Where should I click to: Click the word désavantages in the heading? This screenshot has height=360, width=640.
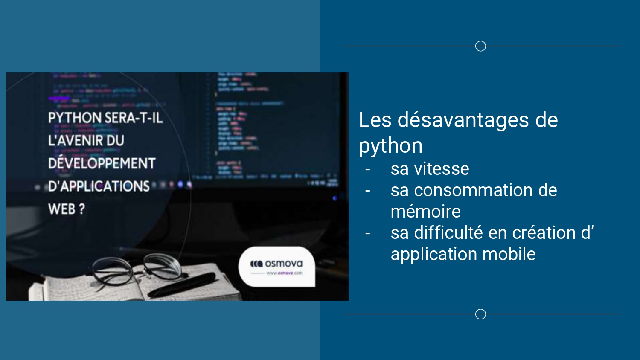(463, 120)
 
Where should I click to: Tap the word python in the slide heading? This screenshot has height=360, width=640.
(390, 146)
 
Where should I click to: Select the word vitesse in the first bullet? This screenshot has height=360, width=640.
(442, 169)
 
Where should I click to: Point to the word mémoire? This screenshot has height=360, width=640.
(425, 212)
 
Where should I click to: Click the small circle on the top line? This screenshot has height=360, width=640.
(480, 46)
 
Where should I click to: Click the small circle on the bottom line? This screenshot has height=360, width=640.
(480, 314)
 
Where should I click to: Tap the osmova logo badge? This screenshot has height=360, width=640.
(277, 266)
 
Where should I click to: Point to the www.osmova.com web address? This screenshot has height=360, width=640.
(284, 273)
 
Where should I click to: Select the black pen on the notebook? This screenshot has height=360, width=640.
(183, 285)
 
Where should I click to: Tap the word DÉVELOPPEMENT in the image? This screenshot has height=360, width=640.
(102, 163)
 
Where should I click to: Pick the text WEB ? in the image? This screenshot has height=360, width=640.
(66, 209)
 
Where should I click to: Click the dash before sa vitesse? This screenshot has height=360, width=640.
(367, 169)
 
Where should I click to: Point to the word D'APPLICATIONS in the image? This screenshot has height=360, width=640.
(99, 186)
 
